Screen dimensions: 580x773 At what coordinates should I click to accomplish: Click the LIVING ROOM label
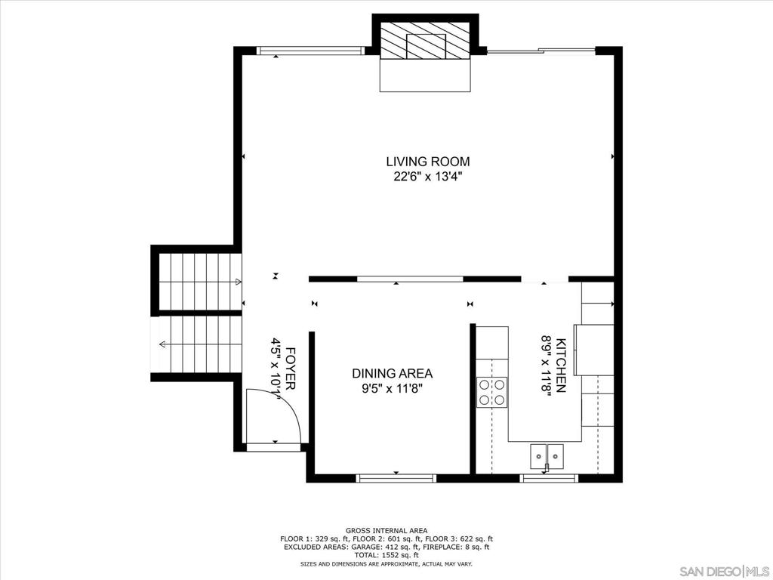click(427, 161)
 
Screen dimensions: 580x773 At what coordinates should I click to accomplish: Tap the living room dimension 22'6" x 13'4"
click(427, 177)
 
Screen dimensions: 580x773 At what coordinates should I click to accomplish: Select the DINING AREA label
click(392, 373)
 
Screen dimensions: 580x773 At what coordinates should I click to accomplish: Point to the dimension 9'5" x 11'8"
click(392, 390)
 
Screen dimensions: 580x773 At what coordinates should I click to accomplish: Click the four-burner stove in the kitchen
click(491, 392)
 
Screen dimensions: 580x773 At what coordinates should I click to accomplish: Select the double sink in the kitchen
click(547, 455)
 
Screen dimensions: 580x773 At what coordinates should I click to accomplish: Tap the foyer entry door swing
click(273, 415)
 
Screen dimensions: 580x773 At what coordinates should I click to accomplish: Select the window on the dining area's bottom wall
click(396, 477)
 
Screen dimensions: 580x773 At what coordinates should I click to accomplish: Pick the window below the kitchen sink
click(550, 477)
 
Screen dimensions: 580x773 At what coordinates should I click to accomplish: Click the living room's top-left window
click(310, 51)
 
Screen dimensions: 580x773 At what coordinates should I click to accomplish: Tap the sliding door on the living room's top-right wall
click(540, 51)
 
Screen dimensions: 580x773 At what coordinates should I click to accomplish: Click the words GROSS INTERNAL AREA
click(386, 531)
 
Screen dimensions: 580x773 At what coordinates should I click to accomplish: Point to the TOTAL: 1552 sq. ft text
click(386, 555)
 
